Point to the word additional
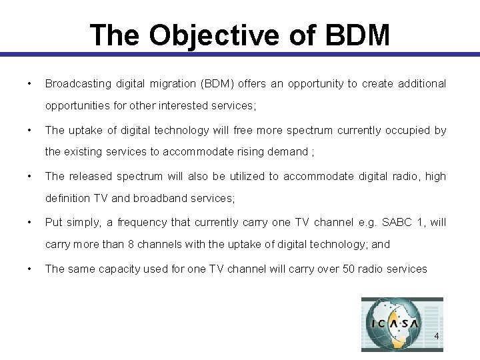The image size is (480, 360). click(422, 84)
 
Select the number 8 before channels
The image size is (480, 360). click(131, 244)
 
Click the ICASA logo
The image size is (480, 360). click(401, 323)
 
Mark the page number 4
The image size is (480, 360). click(437, 336)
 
